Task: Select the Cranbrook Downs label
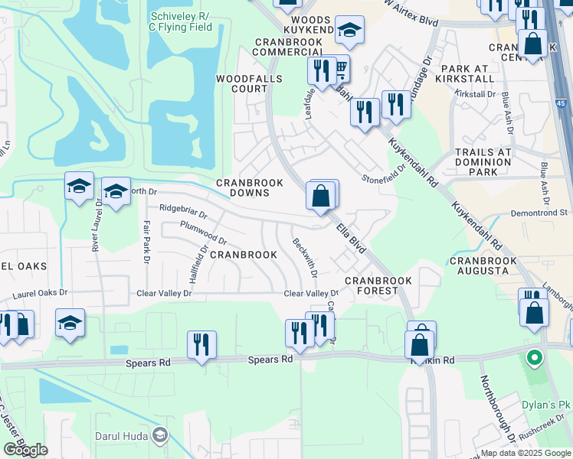250,187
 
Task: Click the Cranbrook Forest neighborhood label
378,285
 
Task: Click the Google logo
26,450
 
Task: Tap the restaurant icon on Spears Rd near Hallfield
201,343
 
